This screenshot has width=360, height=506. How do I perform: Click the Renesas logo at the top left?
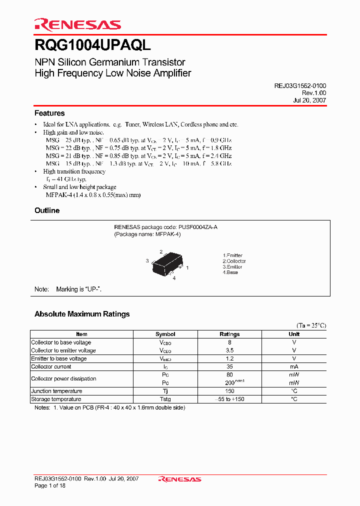(77, 24)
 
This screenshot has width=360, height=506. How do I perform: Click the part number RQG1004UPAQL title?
(92, 45)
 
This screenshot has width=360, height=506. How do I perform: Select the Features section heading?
(49, 113)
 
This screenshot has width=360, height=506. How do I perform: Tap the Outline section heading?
(47, 210)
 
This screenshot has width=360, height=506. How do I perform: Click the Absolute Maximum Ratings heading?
(82, 314)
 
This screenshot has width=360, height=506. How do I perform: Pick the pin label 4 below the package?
(174, 278)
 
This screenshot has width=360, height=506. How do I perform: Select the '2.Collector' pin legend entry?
(234, 261)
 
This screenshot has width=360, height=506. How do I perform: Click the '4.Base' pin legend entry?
(230, 272)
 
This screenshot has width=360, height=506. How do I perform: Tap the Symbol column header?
(165, 334)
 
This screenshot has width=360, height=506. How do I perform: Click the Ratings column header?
(229, 334)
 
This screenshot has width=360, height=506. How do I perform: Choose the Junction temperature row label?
(56, 391)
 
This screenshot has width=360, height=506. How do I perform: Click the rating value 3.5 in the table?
(229, 350)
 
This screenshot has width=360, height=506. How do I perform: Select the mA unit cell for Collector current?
(293, 366)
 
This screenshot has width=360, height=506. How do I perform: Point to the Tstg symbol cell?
(165, 399)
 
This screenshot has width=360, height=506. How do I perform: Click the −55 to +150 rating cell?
(229, 399)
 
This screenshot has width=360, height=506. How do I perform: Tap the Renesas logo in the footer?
(179, 479)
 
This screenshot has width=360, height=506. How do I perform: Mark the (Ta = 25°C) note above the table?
(311, 325)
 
